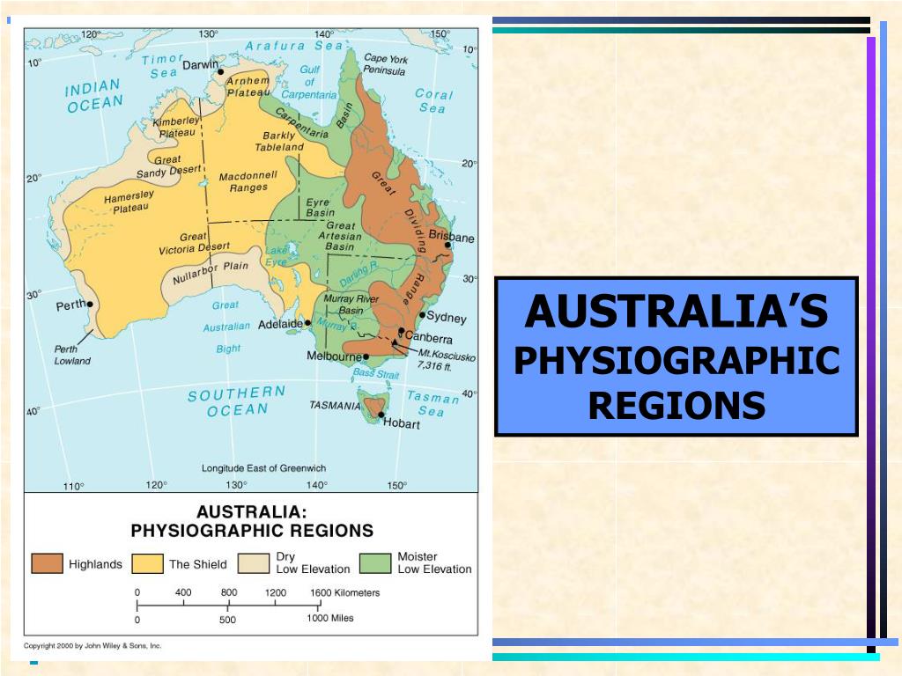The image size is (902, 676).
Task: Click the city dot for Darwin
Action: tap(220, 72)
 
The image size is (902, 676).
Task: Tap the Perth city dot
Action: tap(91, 305)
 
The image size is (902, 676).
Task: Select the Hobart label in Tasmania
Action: tap(402, 423)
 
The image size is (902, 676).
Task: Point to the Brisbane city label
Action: tap(451, 238)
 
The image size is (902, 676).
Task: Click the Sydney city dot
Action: tap(422, 314)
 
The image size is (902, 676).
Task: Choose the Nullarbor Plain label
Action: tap(211, 272)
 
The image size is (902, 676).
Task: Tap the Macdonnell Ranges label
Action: tap(248, 181)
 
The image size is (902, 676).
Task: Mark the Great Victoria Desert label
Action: tap(193, 243)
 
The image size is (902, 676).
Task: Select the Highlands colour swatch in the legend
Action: tap(48, 563)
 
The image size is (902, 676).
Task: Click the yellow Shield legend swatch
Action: tap(148, 563)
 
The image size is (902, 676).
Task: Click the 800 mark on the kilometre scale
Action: tap(229, 592)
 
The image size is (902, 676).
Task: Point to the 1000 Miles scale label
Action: tap(330, 618)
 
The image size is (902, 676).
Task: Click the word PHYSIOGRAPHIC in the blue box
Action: tap(676, 361)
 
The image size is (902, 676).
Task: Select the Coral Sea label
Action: tap(433, 100)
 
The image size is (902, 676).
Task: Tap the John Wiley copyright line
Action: tap(92, 645)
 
